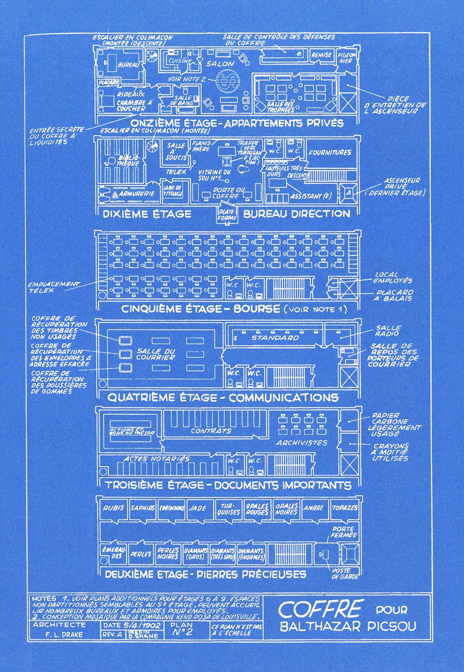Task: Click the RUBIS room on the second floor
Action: pos(113,508)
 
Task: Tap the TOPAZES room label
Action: pos(345,508)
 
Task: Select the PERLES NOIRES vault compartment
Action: pos(168,553)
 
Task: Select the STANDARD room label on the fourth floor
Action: pos(275,338)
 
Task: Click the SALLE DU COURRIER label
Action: pos(156,354)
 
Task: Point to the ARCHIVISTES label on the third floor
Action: pos(302,443)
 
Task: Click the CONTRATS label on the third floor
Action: pos(211,431)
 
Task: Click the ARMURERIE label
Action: pos(136,194)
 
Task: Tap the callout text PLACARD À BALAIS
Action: pos(395,295)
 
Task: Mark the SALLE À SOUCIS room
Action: pos(176,152)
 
